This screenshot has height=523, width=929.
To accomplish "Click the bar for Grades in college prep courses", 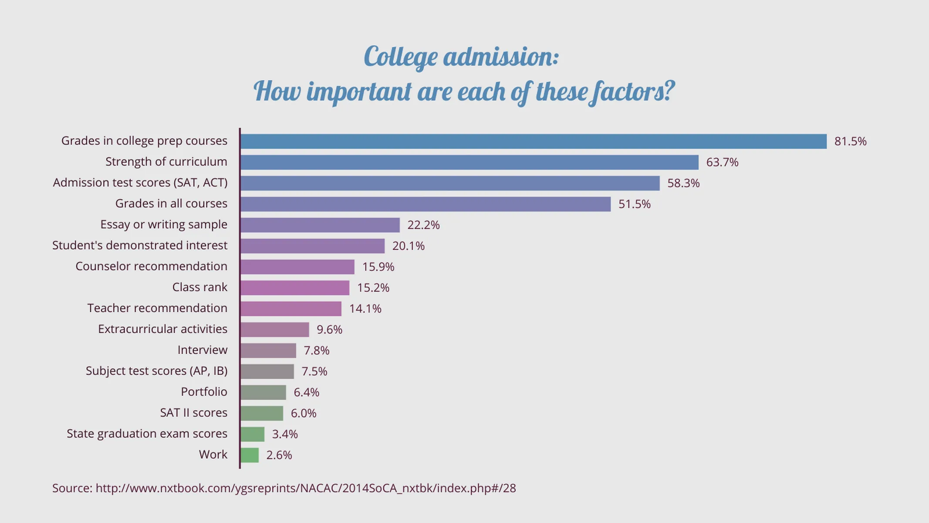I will (533, 141).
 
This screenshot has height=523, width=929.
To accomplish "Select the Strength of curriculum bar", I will (469, 162).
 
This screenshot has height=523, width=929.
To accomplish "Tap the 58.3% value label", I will (683, 183).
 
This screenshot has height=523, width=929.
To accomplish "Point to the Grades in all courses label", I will (171, 204).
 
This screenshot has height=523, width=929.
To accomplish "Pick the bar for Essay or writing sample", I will (320, 225).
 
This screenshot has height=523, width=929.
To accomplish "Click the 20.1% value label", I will (408, 246).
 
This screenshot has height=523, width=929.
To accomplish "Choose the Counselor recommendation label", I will (151, 266).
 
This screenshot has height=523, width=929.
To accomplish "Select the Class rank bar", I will (295, 288).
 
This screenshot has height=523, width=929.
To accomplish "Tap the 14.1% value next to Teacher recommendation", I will (365, 309).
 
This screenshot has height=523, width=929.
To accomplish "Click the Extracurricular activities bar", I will (274, 329).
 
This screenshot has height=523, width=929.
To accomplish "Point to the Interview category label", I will (202, 350).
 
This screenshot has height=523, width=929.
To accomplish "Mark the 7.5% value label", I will (314, 371).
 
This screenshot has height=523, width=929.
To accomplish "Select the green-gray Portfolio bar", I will (263, 392).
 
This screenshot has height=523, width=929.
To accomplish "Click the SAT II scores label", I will (193, 413).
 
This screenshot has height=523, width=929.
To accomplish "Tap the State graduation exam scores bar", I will (252, 434).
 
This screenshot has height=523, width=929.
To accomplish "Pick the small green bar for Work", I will (250, 455).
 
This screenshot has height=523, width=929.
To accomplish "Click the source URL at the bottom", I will (305, 488).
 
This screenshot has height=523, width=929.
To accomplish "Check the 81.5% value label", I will (850, 141).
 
